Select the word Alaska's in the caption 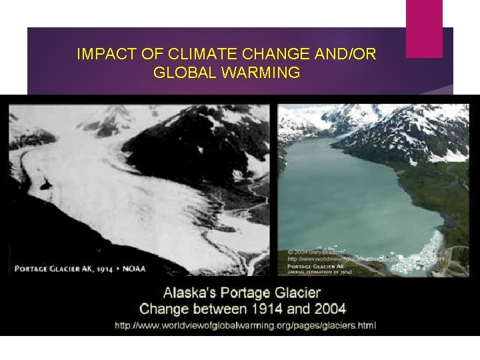(x=191, y=293)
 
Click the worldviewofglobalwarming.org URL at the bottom (x=245, y=325)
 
